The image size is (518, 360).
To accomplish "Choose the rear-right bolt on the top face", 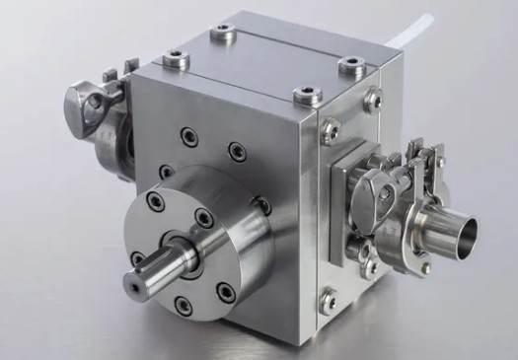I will tap(349, 67).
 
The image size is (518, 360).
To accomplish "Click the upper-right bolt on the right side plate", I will tap(373, 98).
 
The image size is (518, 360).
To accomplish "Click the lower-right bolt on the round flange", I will tap(226, 291).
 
